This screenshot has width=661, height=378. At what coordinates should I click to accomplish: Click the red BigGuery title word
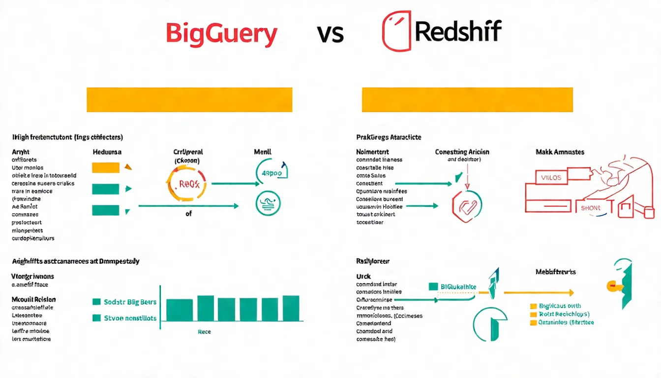tap(221, 33)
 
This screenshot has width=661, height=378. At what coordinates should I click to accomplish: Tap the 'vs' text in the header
tap(330, 33)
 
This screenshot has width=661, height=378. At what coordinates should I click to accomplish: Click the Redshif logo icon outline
tap(396, 31)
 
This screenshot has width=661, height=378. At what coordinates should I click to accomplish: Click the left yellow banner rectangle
tap(189, 100)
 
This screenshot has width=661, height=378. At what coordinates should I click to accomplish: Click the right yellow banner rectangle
tap(467, 100)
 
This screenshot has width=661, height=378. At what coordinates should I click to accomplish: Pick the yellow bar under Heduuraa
tap(106, 167)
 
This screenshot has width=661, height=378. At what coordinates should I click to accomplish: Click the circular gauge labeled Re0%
tap(187, 184)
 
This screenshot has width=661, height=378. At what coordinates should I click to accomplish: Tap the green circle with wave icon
tap(269, 203)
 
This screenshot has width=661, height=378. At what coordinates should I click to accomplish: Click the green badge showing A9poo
tap(271, 173)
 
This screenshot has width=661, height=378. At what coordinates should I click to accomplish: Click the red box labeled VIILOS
tap(551, 178)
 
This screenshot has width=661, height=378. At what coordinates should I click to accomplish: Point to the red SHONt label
tap(591, 208)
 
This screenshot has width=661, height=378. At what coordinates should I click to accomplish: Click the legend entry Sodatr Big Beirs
tap(125, 302)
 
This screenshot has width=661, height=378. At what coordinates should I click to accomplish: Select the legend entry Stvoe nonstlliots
tap(125, 318)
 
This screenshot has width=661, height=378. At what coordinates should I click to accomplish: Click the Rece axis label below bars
tap(204, 332)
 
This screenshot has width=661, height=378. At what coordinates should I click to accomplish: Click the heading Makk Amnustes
tap(560, 152)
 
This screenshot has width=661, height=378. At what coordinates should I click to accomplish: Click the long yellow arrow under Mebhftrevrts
tap(539, 292)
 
